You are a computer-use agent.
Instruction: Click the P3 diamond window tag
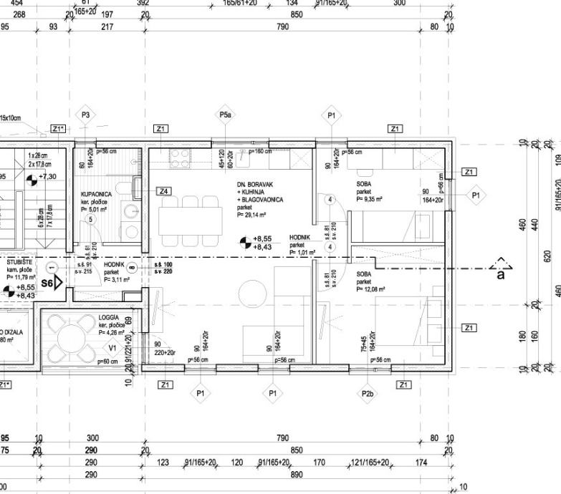(x=85, y=115)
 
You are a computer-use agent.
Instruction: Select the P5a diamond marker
(x=225, y=115)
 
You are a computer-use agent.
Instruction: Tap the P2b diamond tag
(x=368, y=392)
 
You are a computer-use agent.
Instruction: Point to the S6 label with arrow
(x=49, y=283)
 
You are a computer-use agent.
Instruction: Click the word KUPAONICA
(x=95, y=194)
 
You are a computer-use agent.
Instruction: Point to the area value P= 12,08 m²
(x=371, y=289)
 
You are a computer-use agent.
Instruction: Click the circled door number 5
(x=91, y=220)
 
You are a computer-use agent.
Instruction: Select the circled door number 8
(x=133, y=268)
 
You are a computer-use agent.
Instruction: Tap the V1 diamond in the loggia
(x=112, y=348)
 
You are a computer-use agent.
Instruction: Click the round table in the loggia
(x=71, y=336)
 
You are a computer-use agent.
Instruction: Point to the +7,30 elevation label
(x=49, y=176)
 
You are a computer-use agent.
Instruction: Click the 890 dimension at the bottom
(x=297, y=475)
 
